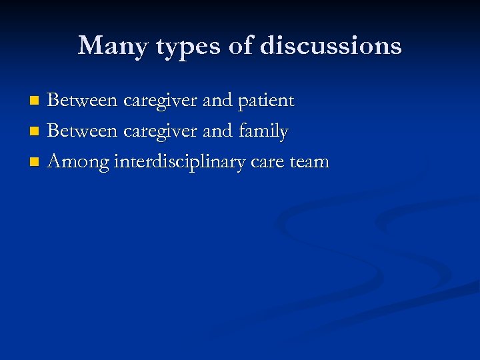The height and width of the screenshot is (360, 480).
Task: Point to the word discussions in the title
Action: [331, 46]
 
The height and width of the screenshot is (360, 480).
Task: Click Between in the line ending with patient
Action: [81, 101]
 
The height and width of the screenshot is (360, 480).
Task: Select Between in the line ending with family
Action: [81, 131]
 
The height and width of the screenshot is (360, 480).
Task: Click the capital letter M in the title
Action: [89, 46]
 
